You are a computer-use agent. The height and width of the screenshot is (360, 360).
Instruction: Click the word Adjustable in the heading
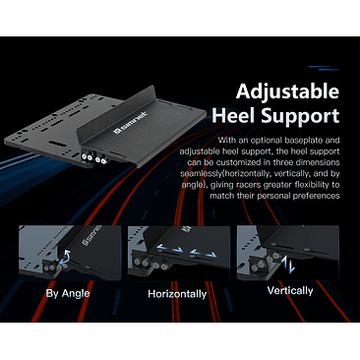point(287,91)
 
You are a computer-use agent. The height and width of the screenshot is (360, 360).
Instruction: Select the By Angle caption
point(68,293)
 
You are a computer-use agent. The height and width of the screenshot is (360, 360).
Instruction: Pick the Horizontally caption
point(177,294)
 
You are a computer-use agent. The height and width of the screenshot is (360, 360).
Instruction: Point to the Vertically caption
point(290,291)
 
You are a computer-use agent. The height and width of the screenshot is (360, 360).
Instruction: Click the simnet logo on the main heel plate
point(130,123)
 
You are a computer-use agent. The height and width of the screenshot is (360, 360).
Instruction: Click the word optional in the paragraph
point(266,141)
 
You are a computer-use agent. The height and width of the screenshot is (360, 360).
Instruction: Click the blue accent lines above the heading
point(324,68)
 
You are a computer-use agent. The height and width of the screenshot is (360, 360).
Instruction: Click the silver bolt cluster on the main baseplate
point(93,158)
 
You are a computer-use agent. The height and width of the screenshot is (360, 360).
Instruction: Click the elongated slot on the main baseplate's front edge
point(57,144)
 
